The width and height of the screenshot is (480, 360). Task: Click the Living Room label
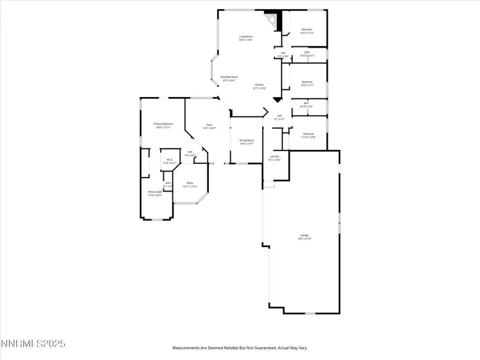click(x=245, y=38)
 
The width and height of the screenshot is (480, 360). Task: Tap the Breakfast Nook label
click(x=229, y=78)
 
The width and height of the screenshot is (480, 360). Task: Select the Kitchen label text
click(x=259, y=86)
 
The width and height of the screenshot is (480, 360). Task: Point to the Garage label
click(x=304, y=237)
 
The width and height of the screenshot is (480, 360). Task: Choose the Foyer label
click(x=209, y=126)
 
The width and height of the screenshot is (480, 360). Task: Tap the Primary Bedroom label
click(x=163, y=125)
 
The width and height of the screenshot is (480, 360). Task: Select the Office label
click(x=190, y=184)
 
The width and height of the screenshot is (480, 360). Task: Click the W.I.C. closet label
click(x=170, y=161)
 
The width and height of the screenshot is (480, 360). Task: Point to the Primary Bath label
click(x=154, y=194)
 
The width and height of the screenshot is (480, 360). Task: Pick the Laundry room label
click(x=274, y=157)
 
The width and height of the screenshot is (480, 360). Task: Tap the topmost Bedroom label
click(x=307, y=31)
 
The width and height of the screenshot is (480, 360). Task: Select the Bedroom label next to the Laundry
click(x=308, y=135)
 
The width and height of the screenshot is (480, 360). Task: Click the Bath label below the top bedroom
click(x=307, y=53)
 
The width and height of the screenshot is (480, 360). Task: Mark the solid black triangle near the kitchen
click(x=277, y=100)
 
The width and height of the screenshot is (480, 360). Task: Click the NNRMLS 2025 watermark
click(x=33, y=345)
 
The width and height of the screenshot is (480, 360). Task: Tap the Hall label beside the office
click(x=190, y=153)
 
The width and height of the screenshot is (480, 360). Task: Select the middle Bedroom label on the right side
click(x=307, y=83)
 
